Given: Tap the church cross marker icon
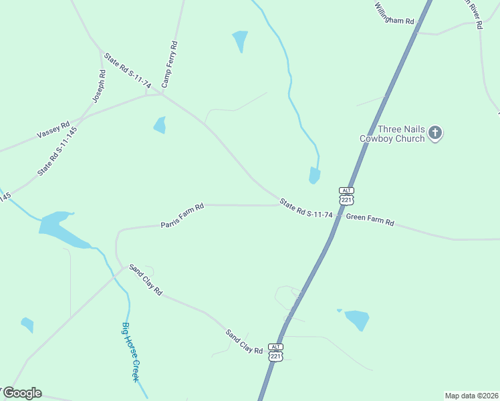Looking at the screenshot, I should [x=435, y=133].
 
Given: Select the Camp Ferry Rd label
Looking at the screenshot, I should [x=170, y=64].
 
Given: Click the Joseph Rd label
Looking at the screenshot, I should [x=99, y=87].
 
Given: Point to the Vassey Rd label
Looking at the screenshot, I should [x=53, y=130].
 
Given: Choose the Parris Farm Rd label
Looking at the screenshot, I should [x=182, y=216].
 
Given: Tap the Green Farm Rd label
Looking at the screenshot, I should [x=370, y=219].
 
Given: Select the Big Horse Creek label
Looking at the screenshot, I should [x=130, y=352].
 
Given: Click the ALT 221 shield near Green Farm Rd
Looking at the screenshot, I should [x=346, y=196].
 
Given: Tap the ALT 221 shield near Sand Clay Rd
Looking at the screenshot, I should [x=275, y=352].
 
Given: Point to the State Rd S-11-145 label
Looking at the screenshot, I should [x=57, y=151].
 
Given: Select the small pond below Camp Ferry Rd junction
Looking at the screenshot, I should [x=160, y=125].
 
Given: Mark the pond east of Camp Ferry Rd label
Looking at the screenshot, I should [x=240, y=40].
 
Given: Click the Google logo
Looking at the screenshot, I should [x=22, y=393].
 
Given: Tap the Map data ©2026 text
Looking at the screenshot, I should [x=471, y=396].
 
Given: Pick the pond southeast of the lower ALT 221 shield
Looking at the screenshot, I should [x=356, y=319].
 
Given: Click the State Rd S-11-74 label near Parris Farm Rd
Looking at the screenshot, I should [x=306, y=209].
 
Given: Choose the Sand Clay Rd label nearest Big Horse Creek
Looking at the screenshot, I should [x=146, y=279].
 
